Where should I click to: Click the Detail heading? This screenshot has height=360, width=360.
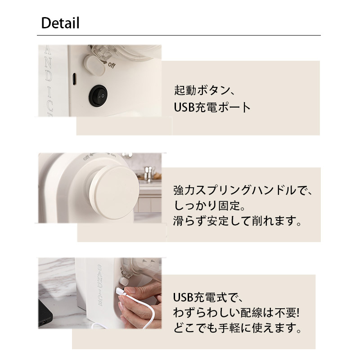[x=60, y=23]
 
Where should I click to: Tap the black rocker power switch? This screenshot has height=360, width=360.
[x=98, y=96]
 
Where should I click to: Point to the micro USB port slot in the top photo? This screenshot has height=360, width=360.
[x=74, y=79]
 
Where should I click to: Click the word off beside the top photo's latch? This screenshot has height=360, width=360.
[x=112, y=65]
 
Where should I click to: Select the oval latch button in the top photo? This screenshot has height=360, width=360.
[x=94, y=66]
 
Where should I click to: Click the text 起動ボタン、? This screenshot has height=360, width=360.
[x=204, y=90]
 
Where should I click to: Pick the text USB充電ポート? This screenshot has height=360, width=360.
[x=212, y=107]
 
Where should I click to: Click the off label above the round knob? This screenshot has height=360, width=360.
[x=86, y=158]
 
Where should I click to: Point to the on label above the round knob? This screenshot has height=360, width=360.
[x=113, y=155]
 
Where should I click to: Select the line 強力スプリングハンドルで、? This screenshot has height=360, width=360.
[x=243, y=190]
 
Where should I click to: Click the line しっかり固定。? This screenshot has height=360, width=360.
[x=209, y=206]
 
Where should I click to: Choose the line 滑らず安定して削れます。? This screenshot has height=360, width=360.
[x=237, y=221]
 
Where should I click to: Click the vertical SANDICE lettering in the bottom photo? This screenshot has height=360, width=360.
[x=100, y=285]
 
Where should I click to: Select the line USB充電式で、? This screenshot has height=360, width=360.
[x=208, y=297]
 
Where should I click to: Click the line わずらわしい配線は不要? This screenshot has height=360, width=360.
[x=237, y=313]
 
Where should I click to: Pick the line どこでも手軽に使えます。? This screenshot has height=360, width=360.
[x=237, y=328]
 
